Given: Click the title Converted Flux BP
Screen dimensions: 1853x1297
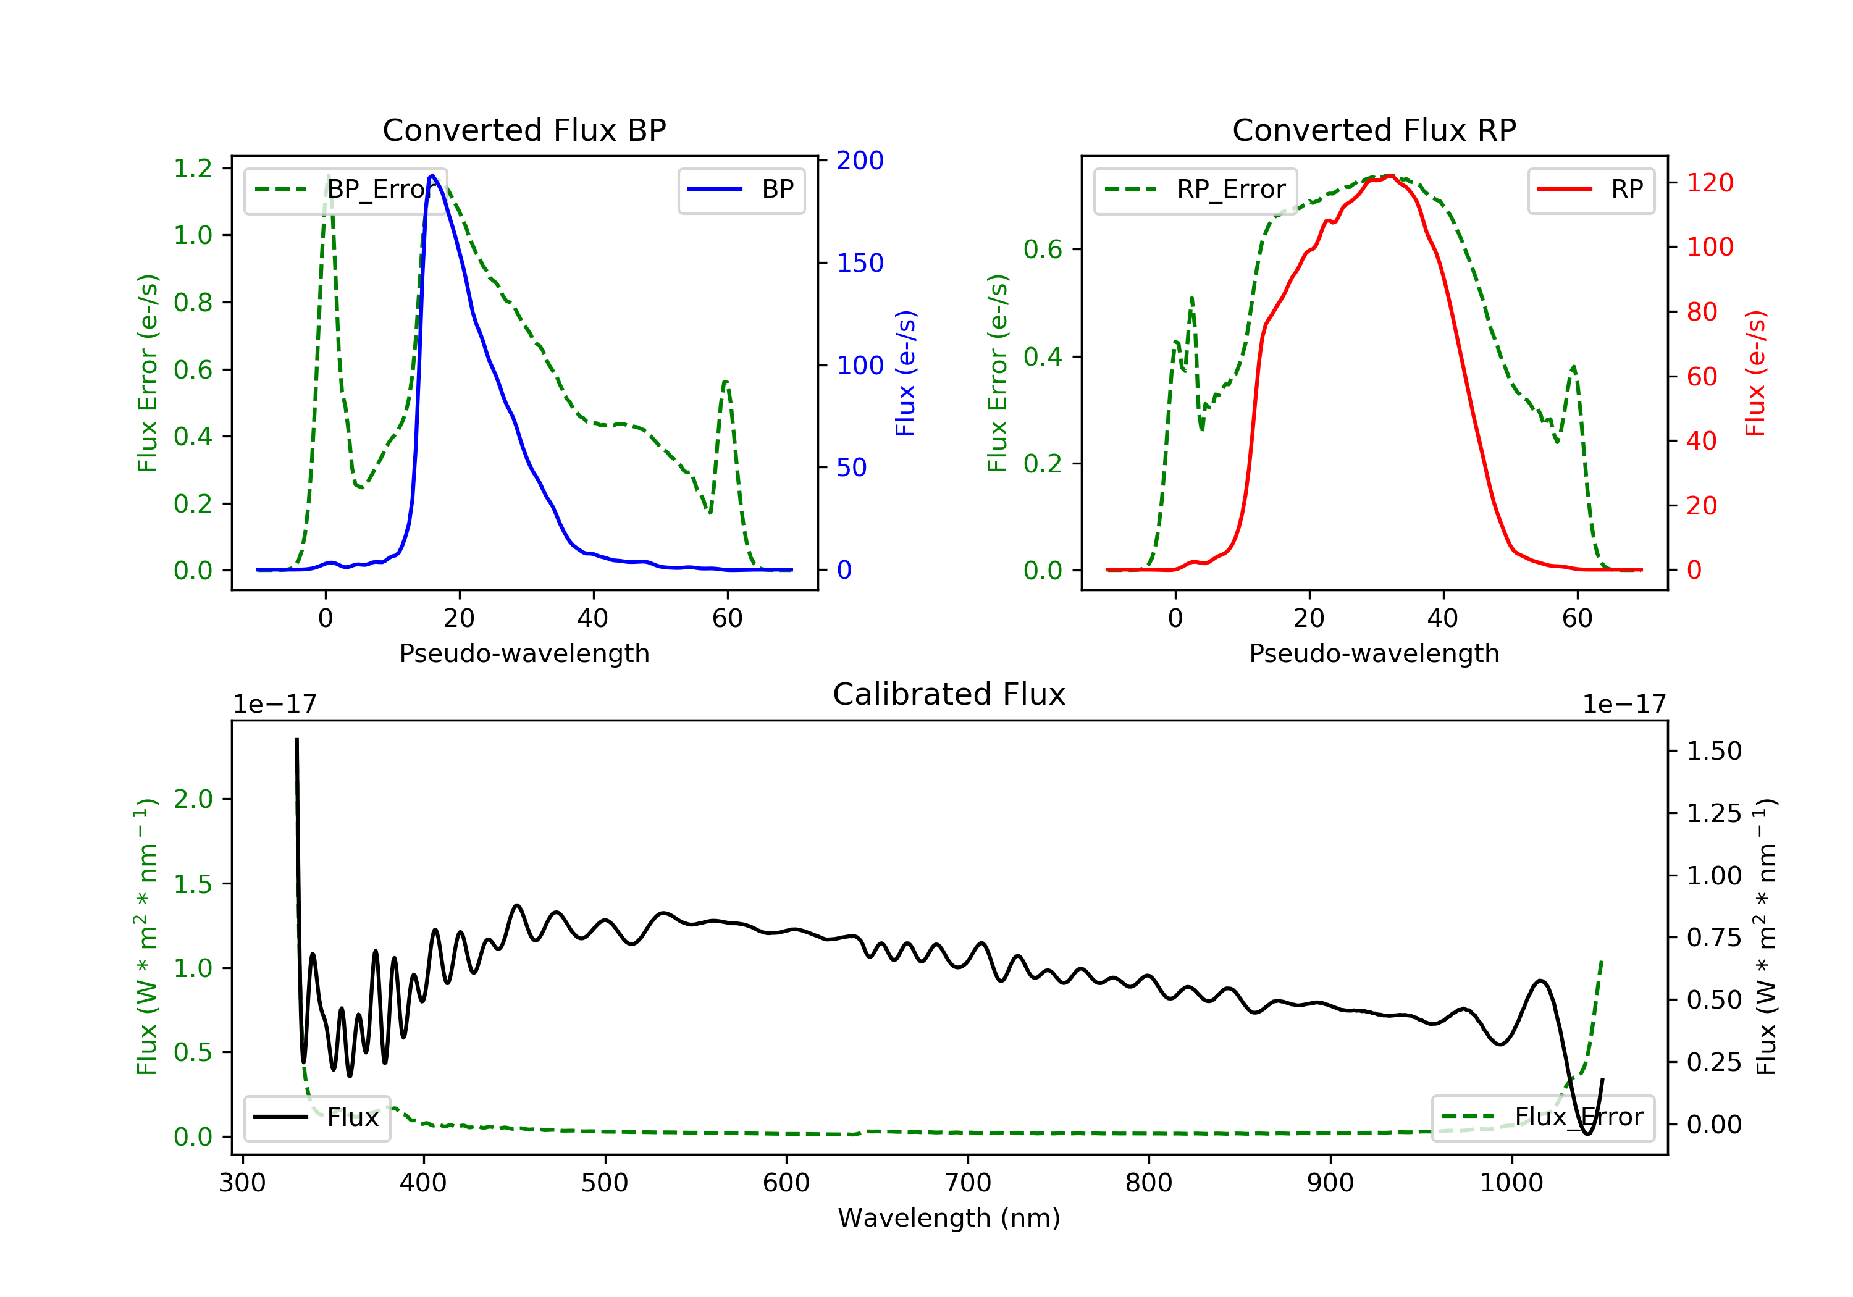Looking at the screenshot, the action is click(524, 130).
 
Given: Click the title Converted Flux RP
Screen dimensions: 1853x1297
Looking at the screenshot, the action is click(1374, 130).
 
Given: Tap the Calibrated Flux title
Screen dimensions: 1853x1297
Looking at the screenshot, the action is click(949, 694).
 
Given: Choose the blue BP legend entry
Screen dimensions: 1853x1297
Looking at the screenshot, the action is click(741, 190).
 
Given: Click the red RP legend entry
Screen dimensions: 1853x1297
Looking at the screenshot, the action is click(1590, 190).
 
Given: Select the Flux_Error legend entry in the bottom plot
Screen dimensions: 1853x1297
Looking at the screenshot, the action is click(1542, 1117).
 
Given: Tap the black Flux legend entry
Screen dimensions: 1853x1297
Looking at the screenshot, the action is click(316, 1117).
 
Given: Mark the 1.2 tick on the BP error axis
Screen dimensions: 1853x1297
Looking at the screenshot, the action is click(193, 169).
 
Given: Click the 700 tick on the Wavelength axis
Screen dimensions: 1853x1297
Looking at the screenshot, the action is click(968, 1183).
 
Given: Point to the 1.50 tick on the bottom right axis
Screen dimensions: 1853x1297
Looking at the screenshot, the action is click(1714, 752).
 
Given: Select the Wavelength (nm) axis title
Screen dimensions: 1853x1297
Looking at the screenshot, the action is click(949, 1218).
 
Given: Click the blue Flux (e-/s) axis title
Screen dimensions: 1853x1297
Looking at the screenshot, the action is click(905, 374).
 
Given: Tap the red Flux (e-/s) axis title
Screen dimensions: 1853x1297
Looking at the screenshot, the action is click(1756, 374).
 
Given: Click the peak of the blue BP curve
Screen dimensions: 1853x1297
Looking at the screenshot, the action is click(432, 175).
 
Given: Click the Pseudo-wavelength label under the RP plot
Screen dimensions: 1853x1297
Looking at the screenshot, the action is click(1374, 653).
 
